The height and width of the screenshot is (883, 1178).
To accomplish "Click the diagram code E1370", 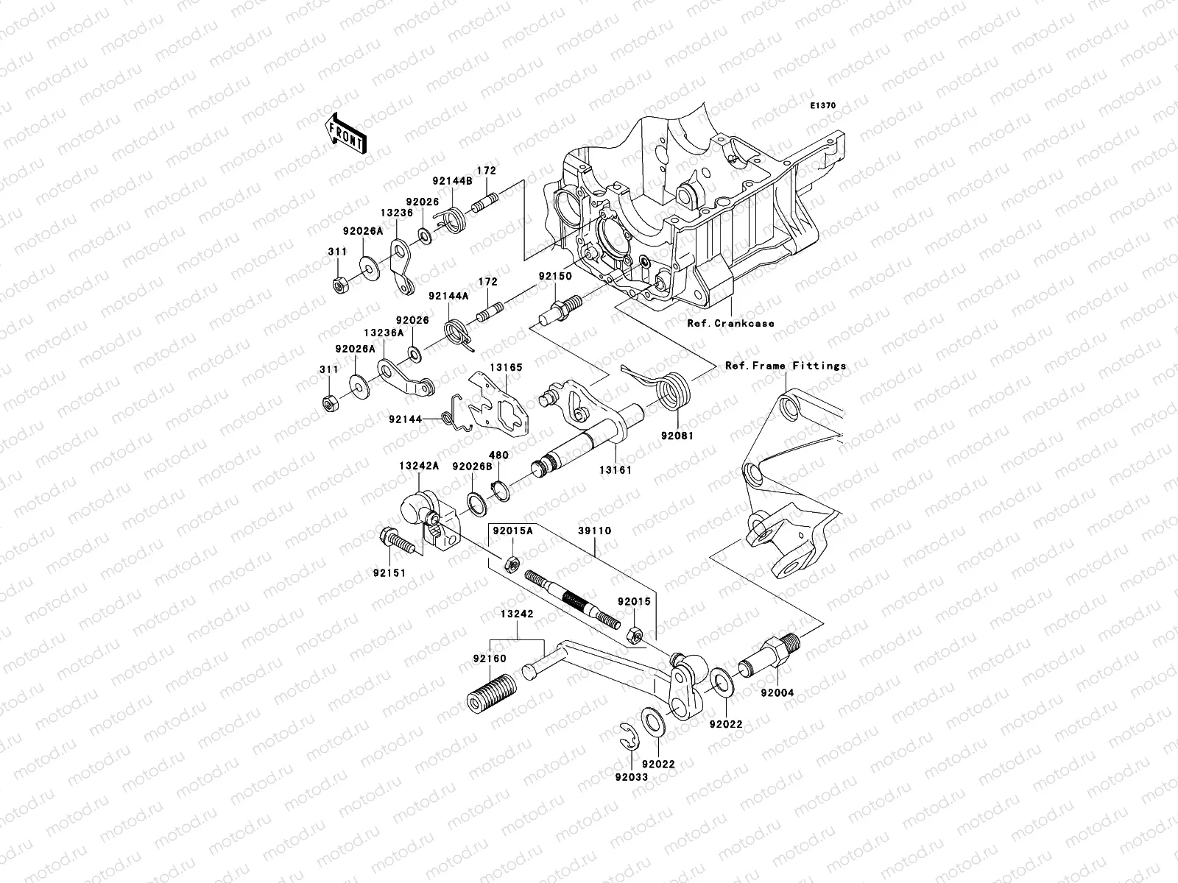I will click(x=823, y=106).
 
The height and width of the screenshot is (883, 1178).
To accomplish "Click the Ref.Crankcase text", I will click(x=730, y=323).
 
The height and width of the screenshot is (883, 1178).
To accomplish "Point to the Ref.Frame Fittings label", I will click(x=786, y=366).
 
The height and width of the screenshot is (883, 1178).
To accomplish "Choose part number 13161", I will click(x=615, y=469).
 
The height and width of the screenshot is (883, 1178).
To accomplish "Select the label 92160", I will click(x=490, y=659).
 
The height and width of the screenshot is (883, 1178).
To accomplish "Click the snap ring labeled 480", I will click(x=498, y=489).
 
